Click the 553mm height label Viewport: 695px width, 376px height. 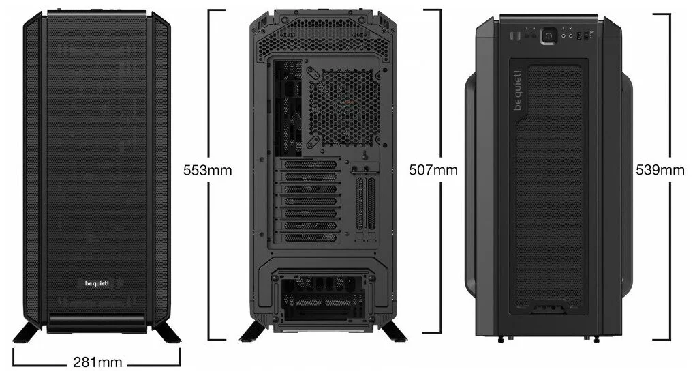(207, 170)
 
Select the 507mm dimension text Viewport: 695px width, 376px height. (433, 170)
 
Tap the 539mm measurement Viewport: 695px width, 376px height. (660, 170)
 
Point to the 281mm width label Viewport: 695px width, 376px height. (96, 362)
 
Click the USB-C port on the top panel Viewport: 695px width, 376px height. (580, 37)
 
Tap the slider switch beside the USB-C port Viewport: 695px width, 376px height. (591, 37)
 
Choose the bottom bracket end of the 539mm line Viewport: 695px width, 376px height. (660, 339)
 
